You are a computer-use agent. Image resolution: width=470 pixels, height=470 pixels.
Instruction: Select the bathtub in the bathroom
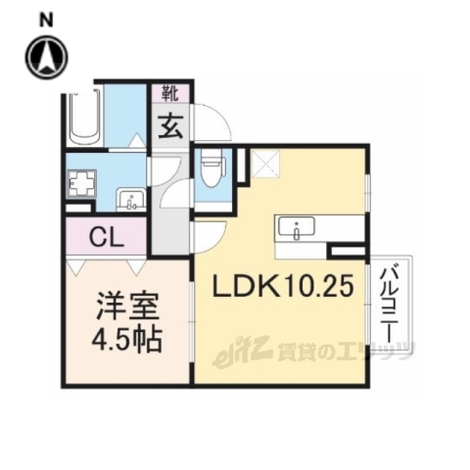(83, 117)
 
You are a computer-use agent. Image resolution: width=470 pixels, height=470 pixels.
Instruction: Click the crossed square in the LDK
(265, 164)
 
